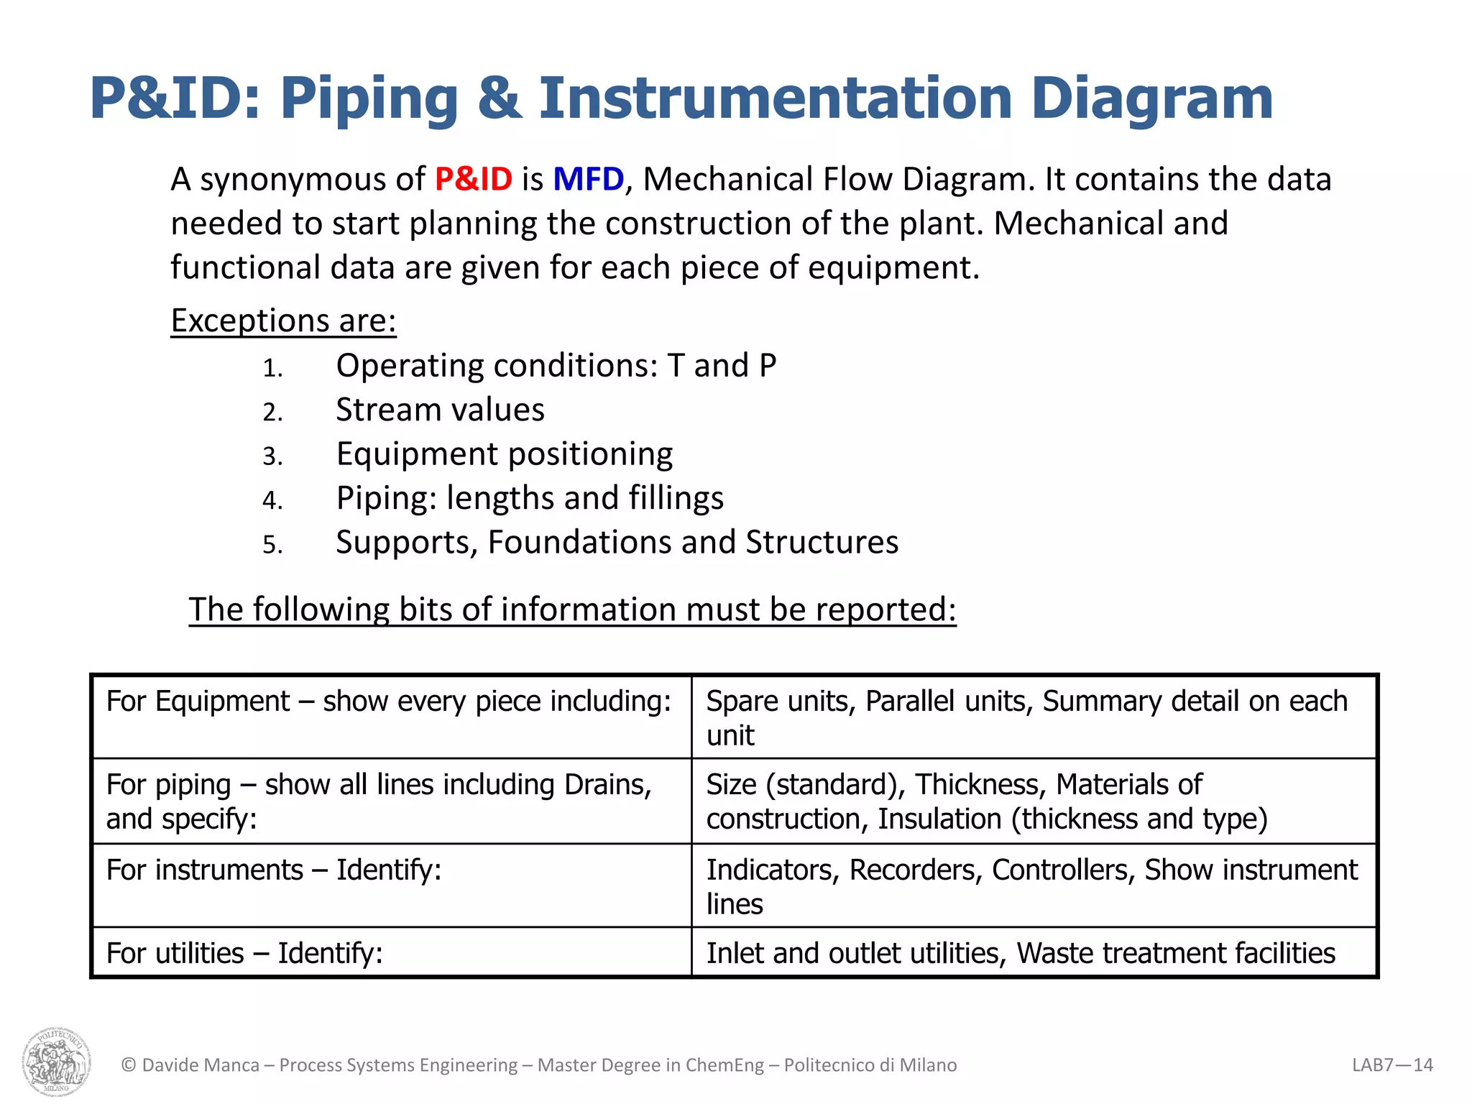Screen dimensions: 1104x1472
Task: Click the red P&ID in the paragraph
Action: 473,179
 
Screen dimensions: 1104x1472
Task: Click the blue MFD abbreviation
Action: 588,179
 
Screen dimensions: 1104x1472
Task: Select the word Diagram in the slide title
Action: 1151,98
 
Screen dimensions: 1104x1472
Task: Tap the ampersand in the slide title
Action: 499,98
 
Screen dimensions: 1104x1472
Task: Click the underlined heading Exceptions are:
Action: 283,321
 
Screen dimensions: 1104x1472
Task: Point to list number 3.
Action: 272,456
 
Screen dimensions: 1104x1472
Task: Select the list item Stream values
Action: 440,410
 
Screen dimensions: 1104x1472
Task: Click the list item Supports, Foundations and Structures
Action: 617,542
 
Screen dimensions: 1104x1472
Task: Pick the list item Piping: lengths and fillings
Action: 530,498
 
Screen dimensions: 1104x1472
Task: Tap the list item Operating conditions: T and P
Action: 556,366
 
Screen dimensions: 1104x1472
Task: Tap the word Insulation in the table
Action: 939,819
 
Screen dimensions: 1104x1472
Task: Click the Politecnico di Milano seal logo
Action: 57,1061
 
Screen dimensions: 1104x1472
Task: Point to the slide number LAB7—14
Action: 1392,1065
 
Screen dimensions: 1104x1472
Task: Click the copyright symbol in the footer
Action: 129,1065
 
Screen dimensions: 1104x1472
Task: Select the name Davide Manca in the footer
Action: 201,1065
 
